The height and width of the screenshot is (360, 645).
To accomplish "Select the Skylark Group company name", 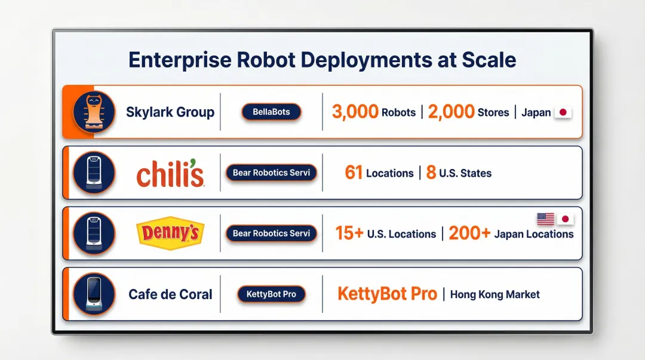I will click(x=170, y=112).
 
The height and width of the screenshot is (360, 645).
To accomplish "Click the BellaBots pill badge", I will click(x=271, y=112).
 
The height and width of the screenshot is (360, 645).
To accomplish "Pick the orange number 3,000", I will click(x=355, y=112).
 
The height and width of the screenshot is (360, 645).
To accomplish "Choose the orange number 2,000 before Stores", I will click(x=451, y=112).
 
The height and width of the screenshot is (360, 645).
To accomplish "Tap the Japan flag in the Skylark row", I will click(x=563, y=112).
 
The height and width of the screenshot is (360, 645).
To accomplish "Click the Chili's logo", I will click(x=170, y=174).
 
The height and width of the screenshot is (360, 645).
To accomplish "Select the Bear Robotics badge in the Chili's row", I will click(x=271, y=173).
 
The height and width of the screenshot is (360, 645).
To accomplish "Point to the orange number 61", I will click(x=354, y=173).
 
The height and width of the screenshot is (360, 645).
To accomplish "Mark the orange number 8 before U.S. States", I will click(x=431, y=173).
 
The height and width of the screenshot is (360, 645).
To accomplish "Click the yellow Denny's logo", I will click(x=170, y=233).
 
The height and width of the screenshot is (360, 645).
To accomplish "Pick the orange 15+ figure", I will click(x=349, y=233).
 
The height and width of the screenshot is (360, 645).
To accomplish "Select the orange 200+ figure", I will click(x=469, y=233).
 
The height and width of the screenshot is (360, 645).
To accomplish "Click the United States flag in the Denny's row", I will click(x=545, y=219).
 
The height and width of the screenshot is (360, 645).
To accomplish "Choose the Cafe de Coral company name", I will click(x=170, y=294).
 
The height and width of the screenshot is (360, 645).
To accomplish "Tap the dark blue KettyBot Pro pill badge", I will click(x=271, y=294).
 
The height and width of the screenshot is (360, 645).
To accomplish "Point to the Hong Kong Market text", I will click(x=494, y=294).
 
